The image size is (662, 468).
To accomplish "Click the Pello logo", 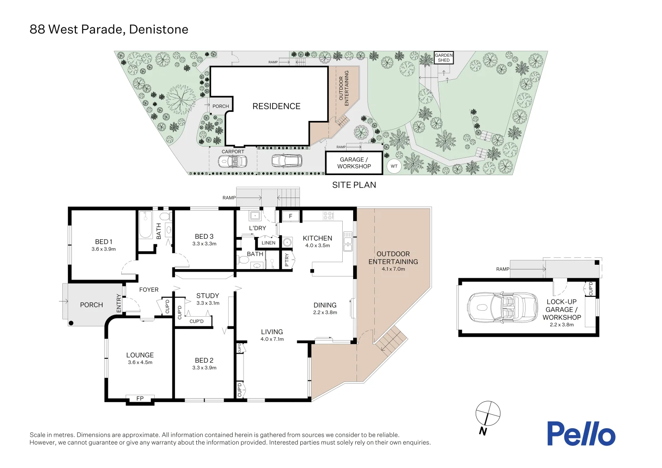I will pyautogui.click(x=581, y=434).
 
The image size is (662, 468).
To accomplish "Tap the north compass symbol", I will pyautogui.click(x=487, y=414).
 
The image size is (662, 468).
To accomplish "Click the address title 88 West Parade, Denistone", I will pyautogui.click(x=109, y=29).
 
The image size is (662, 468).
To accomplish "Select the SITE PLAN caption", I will pyautogui.click(x=354, y=185).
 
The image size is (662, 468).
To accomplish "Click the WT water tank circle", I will pyautogui.click(x=394, y=166).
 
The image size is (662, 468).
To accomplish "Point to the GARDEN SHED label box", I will pyautogui.click(x=444, y=58).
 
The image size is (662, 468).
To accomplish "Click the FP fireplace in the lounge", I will pyautogui.click(x=140, y=399).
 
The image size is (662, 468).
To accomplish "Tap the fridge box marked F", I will pyautogui.click(x=291, y=216).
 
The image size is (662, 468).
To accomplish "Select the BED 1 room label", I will pyautogui.click(x=104, y=242).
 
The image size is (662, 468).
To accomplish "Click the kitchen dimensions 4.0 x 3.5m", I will pyautogui.click(x=317, y=246).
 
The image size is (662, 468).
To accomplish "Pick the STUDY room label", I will pyautogui.click(x=208, y=296).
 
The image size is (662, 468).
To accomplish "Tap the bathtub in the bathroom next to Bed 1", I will pyautogui.click(x=145, y=225).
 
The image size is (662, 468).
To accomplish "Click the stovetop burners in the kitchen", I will pyautogui.click(x=328, y=215).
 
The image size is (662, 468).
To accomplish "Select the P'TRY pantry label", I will pyautogui.click(x=286, y=260).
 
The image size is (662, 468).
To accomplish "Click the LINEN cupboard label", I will pyautogui.click(x=268, y=243).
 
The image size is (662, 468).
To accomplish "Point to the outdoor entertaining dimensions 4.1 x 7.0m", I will pyautogui.click(x=393, y=269).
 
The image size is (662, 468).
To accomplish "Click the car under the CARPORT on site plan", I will pyautogui.click(x=232, y=162).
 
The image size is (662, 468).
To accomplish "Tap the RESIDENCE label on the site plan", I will pyautogui.click(x=276, y=107).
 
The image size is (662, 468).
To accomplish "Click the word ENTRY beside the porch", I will pyautogui.click(x=119, y=303).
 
